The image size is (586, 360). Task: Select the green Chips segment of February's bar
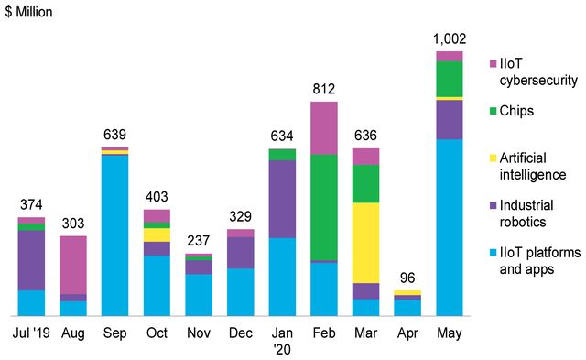[323, 207]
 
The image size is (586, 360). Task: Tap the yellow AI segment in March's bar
[365, 242]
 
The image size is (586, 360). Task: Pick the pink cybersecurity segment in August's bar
[73, 264]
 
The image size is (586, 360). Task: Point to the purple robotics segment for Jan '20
[282, 199]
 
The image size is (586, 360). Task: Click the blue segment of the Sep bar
[114, 235]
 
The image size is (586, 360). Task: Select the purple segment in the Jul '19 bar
[31, 259]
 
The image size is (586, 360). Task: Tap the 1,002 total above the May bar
[450, 38]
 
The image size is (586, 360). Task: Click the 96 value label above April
[407, 278]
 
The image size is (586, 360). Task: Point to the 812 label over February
[323, 89]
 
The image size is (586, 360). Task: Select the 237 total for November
[199, 241]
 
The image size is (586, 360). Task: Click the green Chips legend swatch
[495, 111]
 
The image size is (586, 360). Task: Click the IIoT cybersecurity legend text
[540, 71]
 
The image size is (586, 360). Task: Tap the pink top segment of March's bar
[365, 156]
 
